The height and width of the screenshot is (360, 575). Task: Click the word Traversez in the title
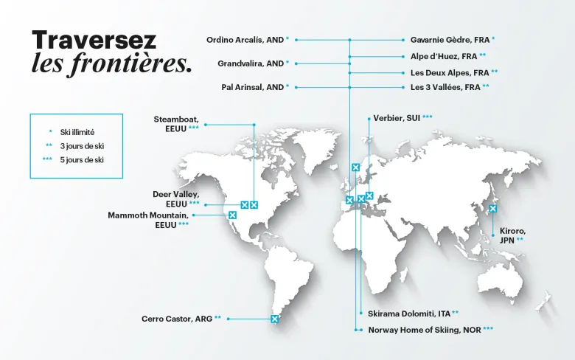coord(94,41)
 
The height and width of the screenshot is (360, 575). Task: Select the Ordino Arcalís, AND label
coord(245,39)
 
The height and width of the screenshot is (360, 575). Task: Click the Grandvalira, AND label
coord(251,63)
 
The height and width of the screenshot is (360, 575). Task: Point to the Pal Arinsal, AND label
coord(253,87)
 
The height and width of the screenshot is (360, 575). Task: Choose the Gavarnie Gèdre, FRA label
coord(449,39)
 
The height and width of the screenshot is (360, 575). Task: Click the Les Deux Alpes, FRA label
coord(450,73)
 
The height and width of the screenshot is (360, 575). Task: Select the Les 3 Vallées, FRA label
coord(446,87)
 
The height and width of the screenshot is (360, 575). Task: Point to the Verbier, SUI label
coord(397,118)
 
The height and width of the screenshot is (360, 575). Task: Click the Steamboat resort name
coord(176,119)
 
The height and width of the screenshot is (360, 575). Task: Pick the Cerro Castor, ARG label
coord(177,319)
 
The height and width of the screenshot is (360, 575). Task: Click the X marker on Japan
coord(493,209)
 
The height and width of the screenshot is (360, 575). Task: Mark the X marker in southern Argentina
coord(275,319)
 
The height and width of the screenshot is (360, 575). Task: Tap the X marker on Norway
coord(355,167)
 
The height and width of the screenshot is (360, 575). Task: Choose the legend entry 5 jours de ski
coord(81,160)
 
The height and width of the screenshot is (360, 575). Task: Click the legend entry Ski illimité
coord(77,132)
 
